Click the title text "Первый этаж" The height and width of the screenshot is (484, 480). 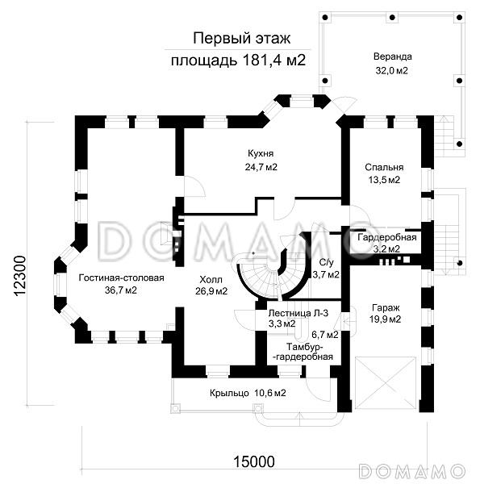[x=242, y=39]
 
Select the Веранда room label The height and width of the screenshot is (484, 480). [x=392, y=56]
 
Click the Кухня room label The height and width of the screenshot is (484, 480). [x=261, y=153]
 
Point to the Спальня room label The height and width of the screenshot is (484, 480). [x=384, y=167]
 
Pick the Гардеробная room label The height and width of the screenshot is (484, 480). [x=387, y=237]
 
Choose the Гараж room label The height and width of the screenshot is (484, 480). [x=386, y=308]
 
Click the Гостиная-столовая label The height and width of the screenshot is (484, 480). [x=121, y=277]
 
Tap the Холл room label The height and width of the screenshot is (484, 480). [x=211, y=280]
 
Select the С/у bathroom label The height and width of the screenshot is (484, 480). [x=326, y=263]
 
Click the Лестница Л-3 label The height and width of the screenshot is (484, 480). [x=298, y=313]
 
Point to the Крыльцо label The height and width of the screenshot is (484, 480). [x=229, y=394]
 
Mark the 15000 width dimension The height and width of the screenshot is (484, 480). [x=254, y=462]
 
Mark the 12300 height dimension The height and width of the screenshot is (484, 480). [x=19, y=276]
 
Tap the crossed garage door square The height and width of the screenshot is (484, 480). [x=386, y=383]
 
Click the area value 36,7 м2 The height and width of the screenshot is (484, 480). [x=121, y=290]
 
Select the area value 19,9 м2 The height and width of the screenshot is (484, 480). [x=386, y=319]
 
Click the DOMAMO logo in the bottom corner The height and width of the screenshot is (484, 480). [x=412, y=472]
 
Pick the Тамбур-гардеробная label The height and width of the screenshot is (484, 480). [x=304, y=352]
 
